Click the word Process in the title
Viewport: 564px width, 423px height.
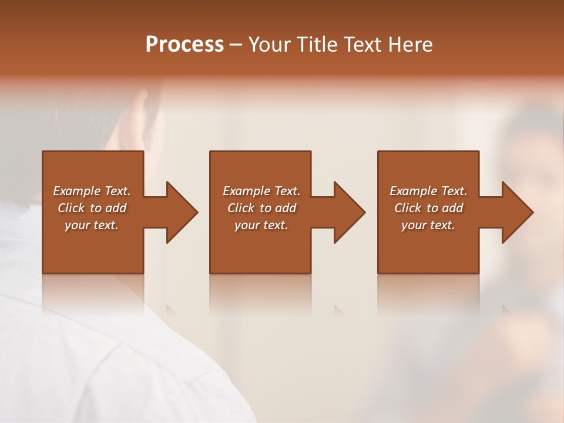[184, 44]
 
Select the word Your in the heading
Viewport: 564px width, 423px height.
[268, 44]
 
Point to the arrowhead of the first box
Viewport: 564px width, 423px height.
[182, 212]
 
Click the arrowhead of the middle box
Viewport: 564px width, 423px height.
[350, 212]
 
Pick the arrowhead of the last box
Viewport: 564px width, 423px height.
[518, 212]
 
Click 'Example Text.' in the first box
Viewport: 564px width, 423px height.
[92, 191]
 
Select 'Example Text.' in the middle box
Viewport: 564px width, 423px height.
[261, 191]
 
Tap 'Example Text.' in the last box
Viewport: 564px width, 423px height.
[428, 191]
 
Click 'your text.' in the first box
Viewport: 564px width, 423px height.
[92, 225]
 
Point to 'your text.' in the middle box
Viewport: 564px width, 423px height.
[261, 225]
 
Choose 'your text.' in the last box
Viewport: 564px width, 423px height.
[428, 225]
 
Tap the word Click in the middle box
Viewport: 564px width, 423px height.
[241, 208]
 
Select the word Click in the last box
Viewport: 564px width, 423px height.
[408, 208]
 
